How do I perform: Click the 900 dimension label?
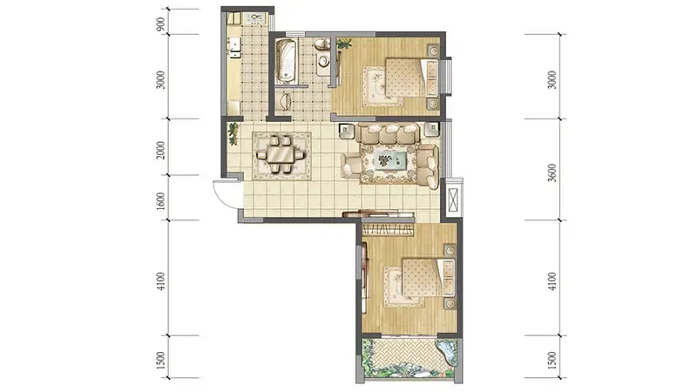point(161,24)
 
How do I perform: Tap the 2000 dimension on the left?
point(161,150)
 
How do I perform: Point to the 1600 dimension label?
point(161,201)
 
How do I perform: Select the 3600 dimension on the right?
point(552,172)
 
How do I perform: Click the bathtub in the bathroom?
point(286,61)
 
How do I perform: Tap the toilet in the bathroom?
point(321,44)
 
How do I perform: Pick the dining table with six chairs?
point(281,154)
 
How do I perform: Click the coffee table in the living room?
point(389,159)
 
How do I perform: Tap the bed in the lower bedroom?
point(428,278)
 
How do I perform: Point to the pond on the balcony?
point(446,352)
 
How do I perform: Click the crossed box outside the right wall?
point(454,199)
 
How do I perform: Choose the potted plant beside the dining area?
point(233,134)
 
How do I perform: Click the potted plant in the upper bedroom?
point(344,44)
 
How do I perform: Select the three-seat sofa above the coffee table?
point(389,134)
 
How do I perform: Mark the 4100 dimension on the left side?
point(161,281)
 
